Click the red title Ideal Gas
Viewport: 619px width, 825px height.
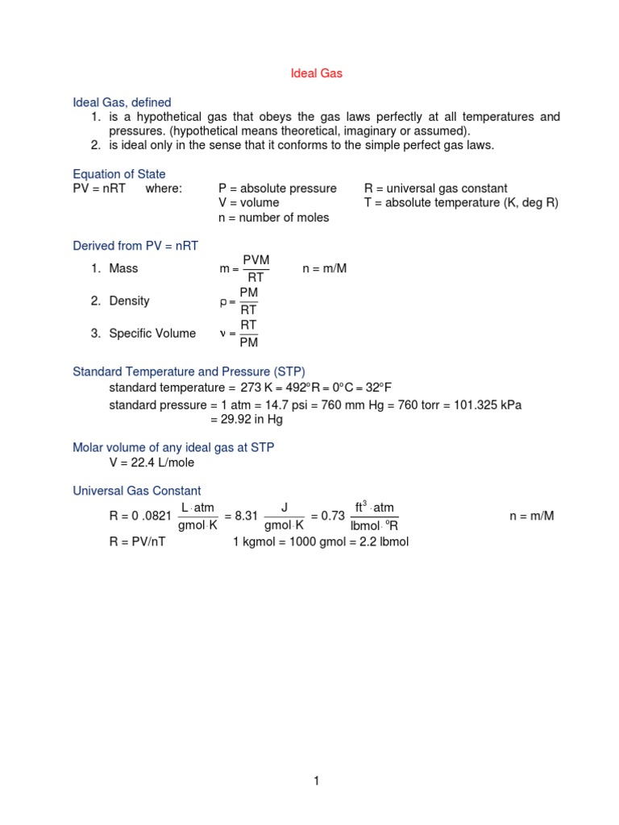[317, 73]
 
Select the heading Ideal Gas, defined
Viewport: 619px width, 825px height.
[122, 102]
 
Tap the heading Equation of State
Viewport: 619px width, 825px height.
[119, 174]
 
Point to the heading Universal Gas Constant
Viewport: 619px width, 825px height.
[137, 491]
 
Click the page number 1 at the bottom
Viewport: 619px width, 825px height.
[318, 780]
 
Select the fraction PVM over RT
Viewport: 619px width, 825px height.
[255, 268]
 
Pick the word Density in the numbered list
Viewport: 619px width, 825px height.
[129, 301]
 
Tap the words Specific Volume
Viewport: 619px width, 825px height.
[152, 334]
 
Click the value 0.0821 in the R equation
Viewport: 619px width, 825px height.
[152, 516]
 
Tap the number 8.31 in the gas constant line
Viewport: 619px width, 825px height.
[239, 516]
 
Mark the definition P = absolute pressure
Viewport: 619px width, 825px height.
[277, 189]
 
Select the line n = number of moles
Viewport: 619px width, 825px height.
[274, 218]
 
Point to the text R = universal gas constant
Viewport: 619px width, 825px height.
[436, 189]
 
